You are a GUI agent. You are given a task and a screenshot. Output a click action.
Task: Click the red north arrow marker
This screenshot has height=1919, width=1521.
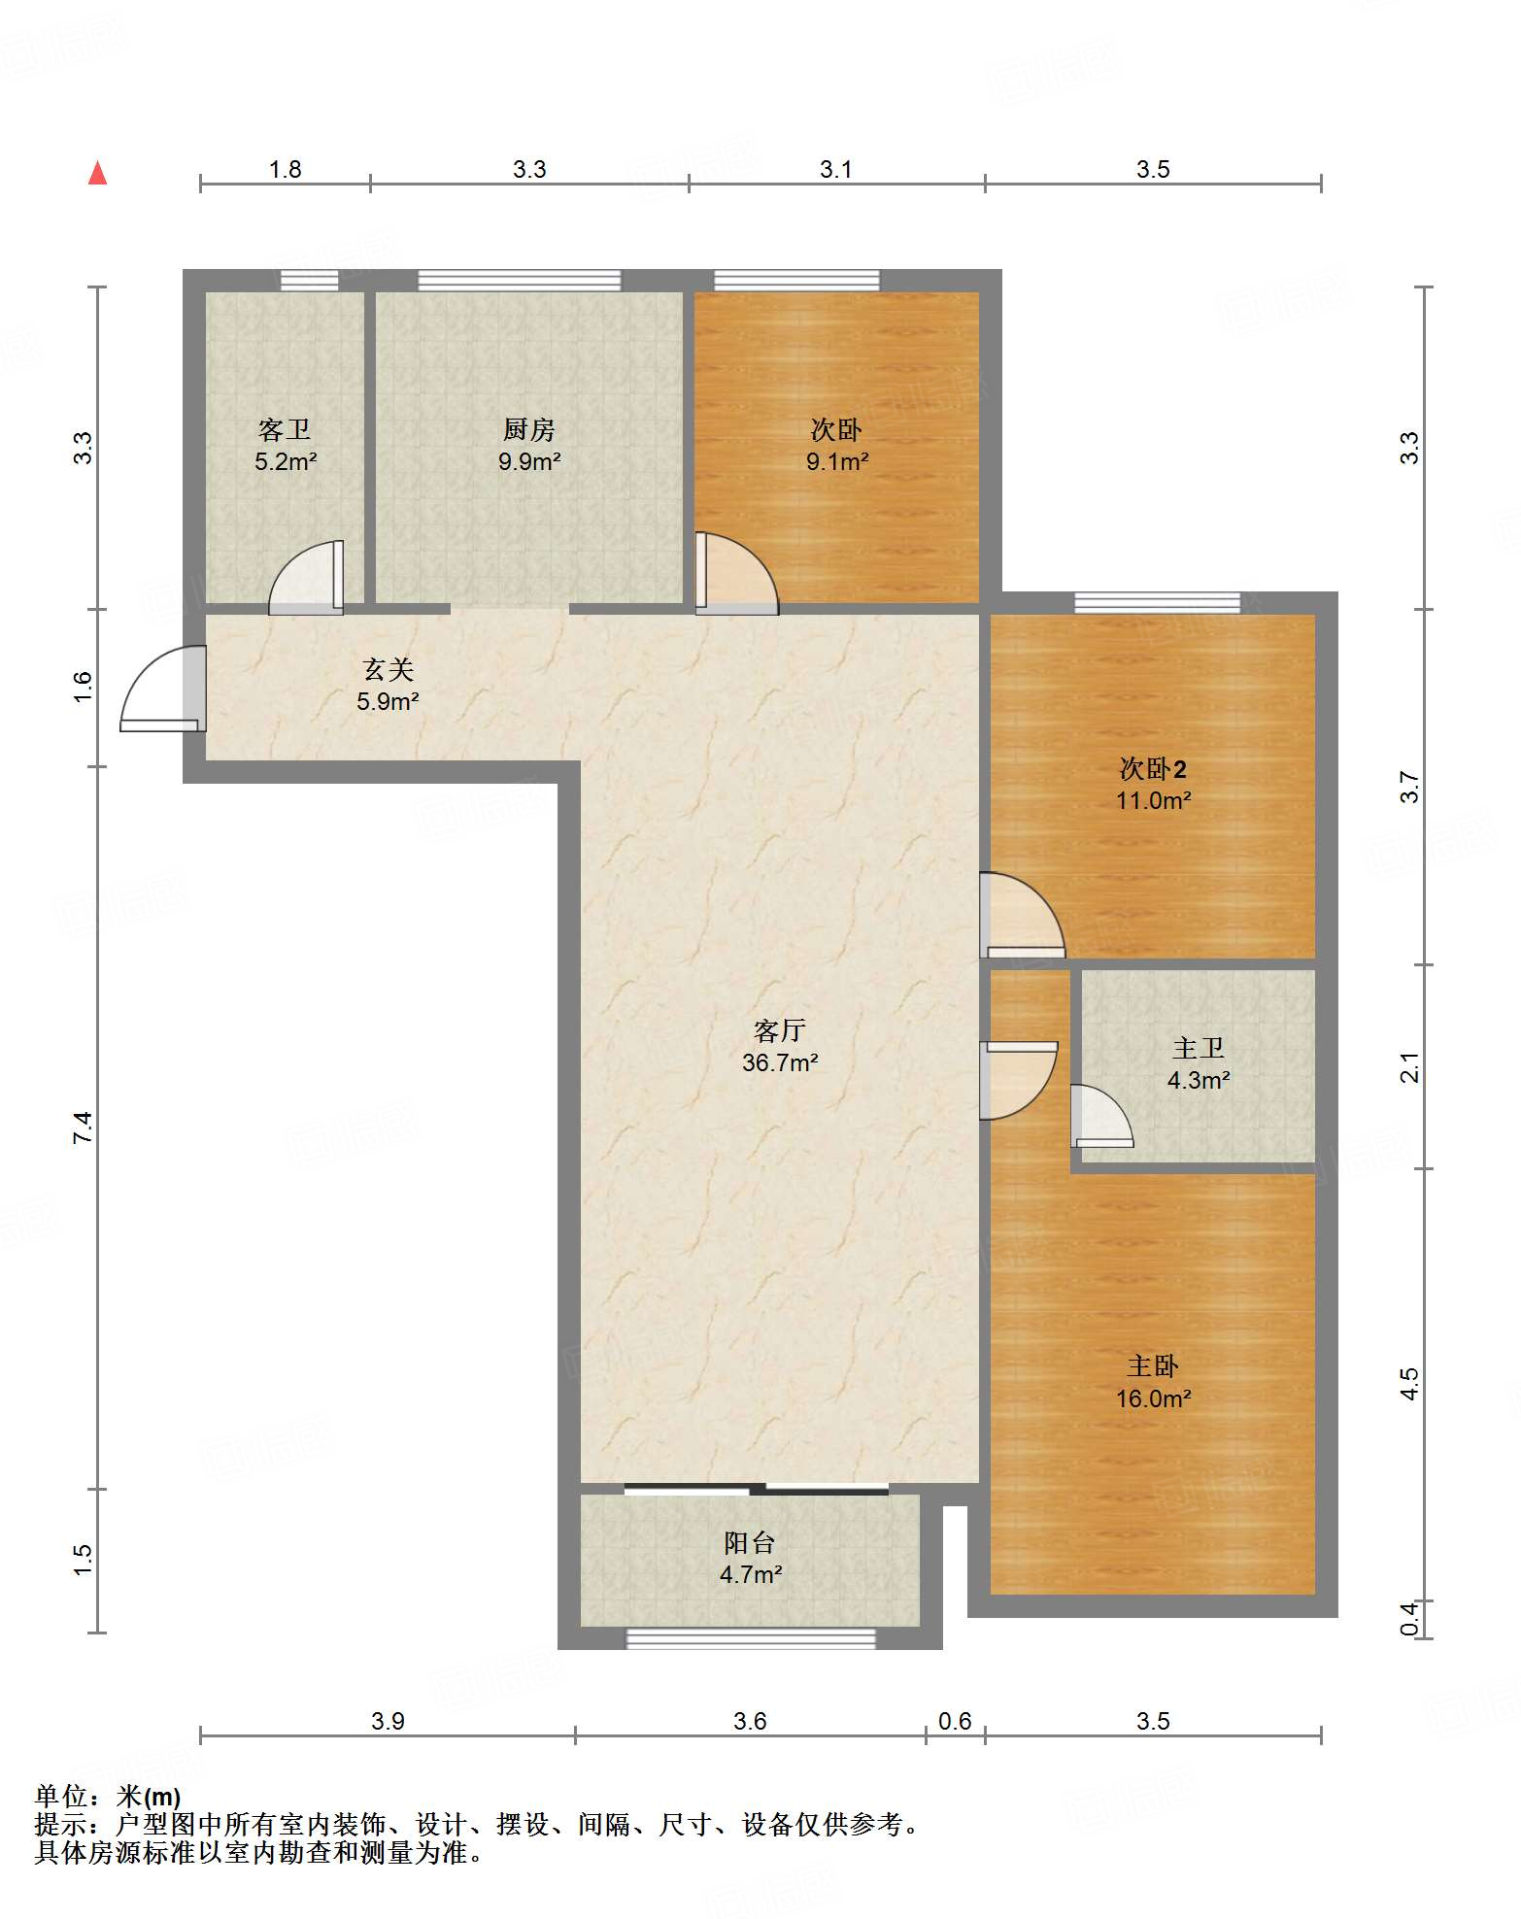coord(97,173)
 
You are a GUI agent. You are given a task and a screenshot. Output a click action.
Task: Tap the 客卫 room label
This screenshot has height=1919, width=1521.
coord(285,429)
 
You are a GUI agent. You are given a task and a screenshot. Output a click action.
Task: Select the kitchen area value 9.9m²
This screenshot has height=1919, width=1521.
coord(529,462)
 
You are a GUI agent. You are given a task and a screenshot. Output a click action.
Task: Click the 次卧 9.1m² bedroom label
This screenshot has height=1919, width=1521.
coord(836,446)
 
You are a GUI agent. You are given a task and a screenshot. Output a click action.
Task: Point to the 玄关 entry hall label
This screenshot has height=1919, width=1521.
coord(389,669)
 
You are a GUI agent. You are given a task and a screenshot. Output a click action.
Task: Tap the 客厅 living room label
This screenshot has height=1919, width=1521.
coord(780,1030)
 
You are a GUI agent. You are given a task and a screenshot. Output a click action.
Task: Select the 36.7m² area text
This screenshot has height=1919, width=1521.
coord(780,1063)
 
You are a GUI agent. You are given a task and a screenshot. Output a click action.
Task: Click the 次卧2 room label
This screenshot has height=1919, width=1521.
coord(1153,769)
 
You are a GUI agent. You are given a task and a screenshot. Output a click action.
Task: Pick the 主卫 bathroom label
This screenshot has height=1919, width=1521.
coord(1199,1048)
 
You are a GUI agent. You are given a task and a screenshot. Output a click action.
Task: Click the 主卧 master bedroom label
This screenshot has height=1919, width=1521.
coord(1153,1366)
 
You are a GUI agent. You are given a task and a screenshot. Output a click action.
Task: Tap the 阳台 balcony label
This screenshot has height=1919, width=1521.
coord(750,1542)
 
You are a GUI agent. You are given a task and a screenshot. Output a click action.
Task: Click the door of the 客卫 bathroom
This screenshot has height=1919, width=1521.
coord(306,578)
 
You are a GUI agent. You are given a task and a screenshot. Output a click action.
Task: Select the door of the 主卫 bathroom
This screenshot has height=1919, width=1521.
coord(1101,1116)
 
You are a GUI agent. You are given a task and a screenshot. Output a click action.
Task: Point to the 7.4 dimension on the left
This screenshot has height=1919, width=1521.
coord(83,1127)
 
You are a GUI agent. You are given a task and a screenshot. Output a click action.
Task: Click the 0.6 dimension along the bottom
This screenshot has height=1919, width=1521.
coord(955,1722)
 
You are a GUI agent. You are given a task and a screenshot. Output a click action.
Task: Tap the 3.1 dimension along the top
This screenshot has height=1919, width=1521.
coord(835,170)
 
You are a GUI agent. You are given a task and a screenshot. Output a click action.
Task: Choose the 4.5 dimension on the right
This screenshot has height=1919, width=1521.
coord(1409,1383)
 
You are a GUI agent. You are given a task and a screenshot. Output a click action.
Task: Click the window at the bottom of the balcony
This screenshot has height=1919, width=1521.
coord(751,1639)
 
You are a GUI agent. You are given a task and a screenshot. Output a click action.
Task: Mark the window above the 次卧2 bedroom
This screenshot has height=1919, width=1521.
coord(1158,602)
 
